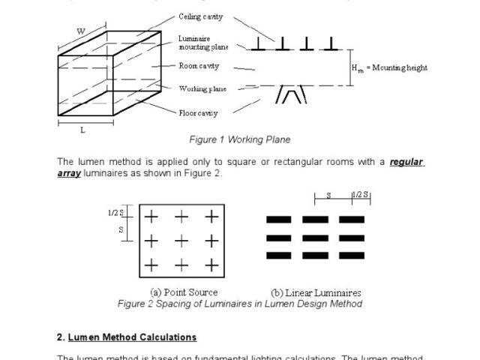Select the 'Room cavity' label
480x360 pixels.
click(199, 66)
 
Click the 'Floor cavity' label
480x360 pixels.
click(199, 113)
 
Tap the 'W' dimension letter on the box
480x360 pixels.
click(80, 31)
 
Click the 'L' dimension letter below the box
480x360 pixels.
click(82, 130)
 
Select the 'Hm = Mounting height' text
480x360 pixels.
click(389, 67)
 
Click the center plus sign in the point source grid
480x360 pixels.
click(181, 241)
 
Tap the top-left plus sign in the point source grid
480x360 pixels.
click(151, 217)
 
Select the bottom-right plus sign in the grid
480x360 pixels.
click(212, 265)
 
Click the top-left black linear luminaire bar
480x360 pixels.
click(279, 220)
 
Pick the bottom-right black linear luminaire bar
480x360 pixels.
click(351, 256)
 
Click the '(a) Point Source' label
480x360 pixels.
click(184, 292)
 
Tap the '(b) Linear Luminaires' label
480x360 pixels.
click(316, 292)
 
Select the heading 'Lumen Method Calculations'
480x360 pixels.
click(133, 337)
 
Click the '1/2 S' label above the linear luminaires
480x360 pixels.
click(362, 195)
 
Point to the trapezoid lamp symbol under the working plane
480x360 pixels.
click(291, 95)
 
